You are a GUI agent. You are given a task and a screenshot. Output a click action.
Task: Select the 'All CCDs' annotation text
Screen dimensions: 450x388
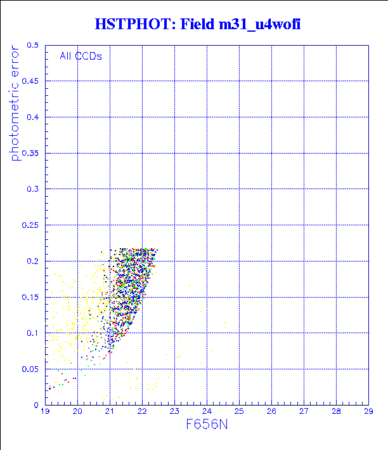81,56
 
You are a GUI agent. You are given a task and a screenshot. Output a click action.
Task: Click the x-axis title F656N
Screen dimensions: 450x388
207,425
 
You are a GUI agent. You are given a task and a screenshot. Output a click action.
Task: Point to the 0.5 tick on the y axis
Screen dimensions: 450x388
33,46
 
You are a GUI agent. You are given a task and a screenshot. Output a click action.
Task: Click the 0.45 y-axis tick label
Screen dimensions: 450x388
30,81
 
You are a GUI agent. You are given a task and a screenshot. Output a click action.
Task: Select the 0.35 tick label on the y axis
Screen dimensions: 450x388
30,153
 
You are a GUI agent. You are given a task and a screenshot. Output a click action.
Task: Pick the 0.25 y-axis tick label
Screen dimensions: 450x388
30,225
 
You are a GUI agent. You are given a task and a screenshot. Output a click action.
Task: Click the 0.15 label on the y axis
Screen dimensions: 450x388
30,297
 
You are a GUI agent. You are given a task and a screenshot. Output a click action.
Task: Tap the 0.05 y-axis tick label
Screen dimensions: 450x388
30,369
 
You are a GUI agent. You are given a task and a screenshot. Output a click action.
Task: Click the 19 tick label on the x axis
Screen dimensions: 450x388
45,411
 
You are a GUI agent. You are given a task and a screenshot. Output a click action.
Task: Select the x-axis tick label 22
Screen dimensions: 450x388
142,411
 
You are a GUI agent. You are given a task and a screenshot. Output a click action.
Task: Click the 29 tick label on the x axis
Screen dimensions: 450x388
368,411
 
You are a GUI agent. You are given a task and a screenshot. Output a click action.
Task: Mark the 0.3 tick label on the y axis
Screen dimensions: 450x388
33,189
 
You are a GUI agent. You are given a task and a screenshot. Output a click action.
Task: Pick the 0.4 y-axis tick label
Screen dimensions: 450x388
33,117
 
